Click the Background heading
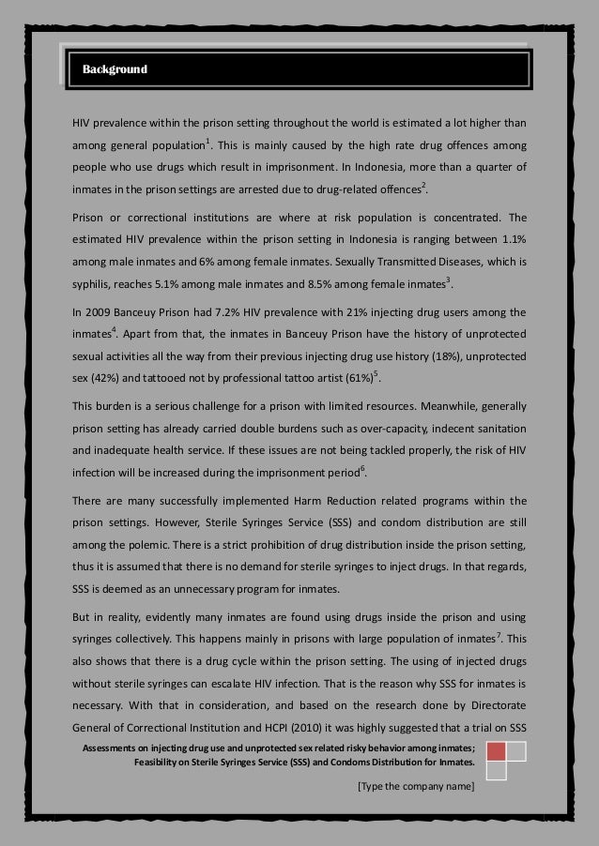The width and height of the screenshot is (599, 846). click(x=115, y=69)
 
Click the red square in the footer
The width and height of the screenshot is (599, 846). click(x=497, y=751)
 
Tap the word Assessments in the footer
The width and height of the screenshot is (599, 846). click(x=114, y=748)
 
